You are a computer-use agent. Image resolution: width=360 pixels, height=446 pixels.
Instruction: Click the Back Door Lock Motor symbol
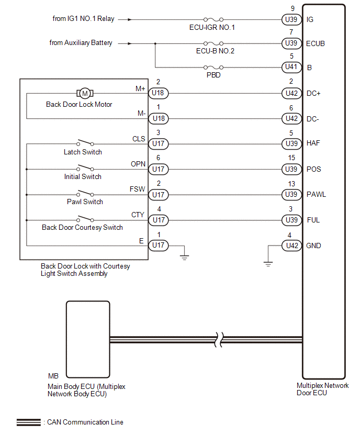(x=85, y=93)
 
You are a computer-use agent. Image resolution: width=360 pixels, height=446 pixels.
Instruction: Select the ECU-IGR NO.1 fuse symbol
(x=213, y=19)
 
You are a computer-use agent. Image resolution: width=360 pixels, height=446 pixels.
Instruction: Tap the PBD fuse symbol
(x=213, y=68)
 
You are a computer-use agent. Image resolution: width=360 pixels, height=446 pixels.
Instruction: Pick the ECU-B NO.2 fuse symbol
(x=213, y=43)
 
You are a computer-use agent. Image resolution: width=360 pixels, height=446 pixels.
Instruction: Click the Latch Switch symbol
(x=85, y=142)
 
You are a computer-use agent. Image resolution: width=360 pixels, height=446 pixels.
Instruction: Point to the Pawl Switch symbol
(x=85, y=193)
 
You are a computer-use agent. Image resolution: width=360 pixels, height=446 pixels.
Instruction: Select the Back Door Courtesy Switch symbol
(x=85, y=219)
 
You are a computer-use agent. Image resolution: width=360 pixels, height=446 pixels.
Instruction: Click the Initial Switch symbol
(x=85, y=168)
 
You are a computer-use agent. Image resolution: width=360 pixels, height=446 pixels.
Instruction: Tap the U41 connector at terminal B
(x=291, y=67)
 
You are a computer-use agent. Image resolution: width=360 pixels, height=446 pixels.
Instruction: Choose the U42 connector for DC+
(x=291, y=93)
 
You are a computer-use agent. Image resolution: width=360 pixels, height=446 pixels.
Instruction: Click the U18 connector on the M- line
(x=159, y=118)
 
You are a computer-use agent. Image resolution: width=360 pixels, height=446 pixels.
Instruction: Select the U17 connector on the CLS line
(x=159, y=143)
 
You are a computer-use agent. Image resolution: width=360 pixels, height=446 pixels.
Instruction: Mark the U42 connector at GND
(x=291, y=246)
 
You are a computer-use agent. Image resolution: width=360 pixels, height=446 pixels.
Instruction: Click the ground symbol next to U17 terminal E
(x=184, y=258)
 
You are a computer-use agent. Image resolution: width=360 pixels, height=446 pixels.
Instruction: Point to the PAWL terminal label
(x=316, y=195)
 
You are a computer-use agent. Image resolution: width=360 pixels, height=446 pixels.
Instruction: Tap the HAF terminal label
(x=313, y=143)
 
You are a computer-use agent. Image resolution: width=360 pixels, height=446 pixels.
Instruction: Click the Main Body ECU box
(x=88, y=339)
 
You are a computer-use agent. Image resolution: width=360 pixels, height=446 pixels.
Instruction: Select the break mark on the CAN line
(x=218, y=340)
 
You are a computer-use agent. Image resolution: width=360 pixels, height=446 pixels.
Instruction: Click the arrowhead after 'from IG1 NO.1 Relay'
(x=130, y=19)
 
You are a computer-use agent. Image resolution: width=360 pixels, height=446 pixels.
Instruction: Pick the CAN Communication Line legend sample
(x=28, y=422)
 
